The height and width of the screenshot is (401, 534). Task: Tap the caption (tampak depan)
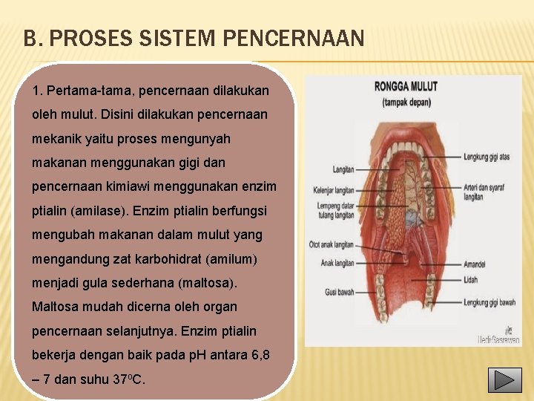406,102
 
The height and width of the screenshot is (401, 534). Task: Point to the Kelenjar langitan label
334,190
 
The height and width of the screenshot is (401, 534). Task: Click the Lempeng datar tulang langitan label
335,210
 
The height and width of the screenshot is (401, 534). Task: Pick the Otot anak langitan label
332,244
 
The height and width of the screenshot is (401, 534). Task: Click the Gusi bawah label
340,293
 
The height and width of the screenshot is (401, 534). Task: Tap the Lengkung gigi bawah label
489,302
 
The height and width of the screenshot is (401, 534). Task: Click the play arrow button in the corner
504,380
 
